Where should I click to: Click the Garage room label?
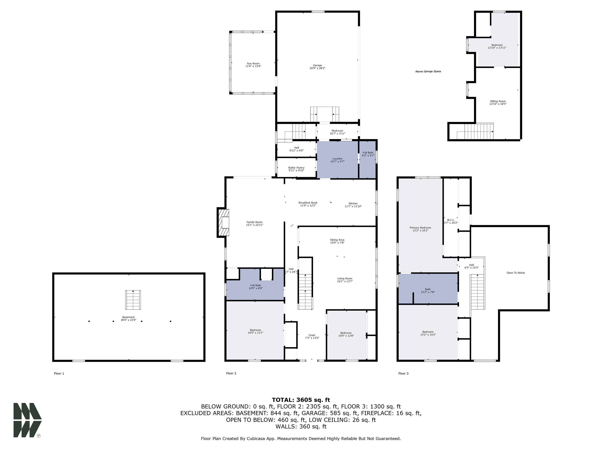click(317, 65)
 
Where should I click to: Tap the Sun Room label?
click(253, 63)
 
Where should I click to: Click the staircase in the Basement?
click(133, 300)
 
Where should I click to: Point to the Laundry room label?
click(337, 159)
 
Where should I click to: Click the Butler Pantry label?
click(296, 168)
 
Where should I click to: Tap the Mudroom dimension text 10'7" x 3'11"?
click(337, 133)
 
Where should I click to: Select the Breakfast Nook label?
click(308, 203)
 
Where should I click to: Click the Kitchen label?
click(353, 203)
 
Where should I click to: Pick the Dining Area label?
click(337, 240)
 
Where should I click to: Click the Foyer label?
click(312, 335)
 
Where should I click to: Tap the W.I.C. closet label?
click(451, 220)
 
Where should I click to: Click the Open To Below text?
click(516, 273)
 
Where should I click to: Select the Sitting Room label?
click(498, 101)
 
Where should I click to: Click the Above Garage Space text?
click(428, 71)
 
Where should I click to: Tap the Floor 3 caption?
click(403, 373)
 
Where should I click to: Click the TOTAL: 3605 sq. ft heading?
click(301, 400)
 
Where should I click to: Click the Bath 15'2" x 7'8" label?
click(428, 291)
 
